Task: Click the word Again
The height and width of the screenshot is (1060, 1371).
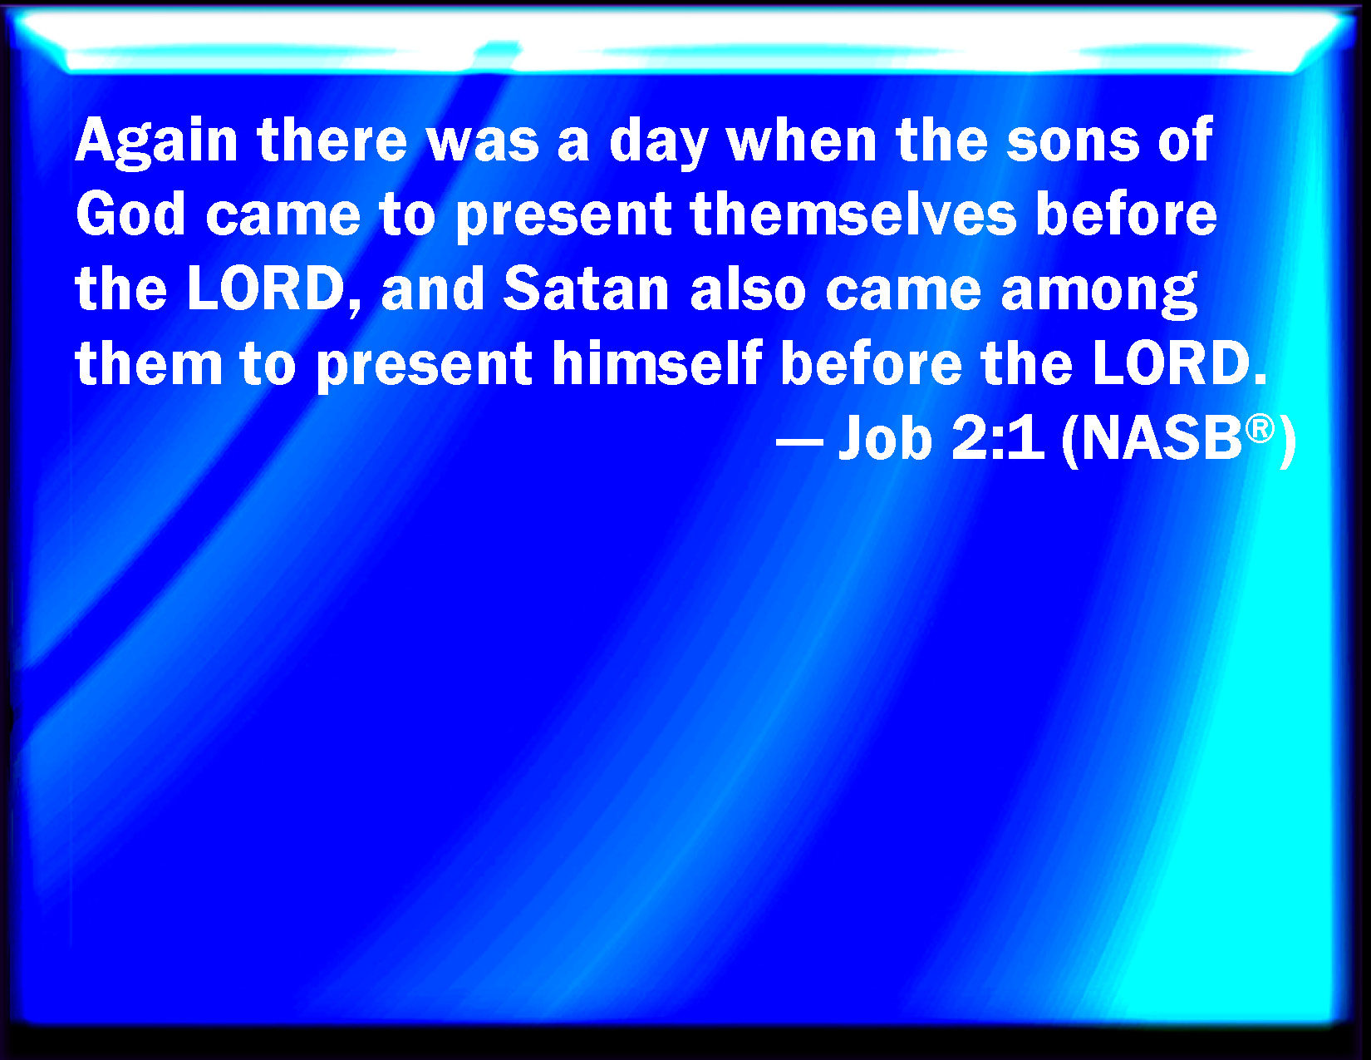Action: click(x=156, y=141)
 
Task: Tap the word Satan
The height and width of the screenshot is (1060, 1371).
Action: click(x=586, y=290)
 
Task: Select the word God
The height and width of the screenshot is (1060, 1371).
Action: click(x=130, y=215)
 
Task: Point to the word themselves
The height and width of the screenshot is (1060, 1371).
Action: click(x=853, y=215)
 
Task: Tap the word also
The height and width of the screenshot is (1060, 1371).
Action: click(x=749, y=290)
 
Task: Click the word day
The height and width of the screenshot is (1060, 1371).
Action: click(x=658, y=144)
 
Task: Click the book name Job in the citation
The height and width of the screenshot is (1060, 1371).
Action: click(x=885, y=438)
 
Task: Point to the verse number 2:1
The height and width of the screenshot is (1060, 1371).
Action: click(x=997, y=438)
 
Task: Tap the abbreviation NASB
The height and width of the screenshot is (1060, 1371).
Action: click(x=1162, y=438)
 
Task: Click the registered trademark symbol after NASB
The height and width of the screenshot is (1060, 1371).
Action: click(x=1260, y=429)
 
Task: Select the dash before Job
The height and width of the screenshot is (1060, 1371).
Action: click(x=799, y=440)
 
